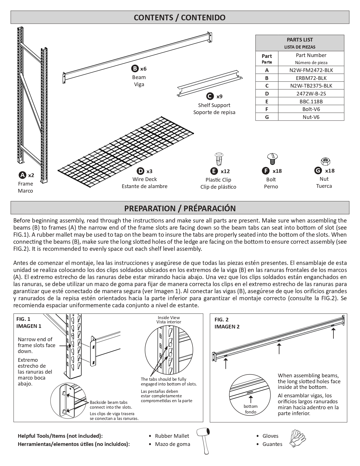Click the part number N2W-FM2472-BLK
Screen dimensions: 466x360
311,70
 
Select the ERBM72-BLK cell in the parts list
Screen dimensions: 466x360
311,78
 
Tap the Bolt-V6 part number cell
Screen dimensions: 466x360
311,109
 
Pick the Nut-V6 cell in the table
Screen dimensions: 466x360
311,117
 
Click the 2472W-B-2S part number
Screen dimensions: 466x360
311,93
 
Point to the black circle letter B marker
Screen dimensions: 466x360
135,69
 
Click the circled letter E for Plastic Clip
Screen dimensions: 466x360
214,171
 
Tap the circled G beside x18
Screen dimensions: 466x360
318,171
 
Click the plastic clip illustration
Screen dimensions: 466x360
219,160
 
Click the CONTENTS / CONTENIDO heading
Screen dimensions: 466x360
180,18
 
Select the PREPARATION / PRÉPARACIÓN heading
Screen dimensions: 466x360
180,208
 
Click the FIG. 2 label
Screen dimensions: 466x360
222,319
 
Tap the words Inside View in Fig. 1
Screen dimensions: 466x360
169,318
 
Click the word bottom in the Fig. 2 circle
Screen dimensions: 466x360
251,406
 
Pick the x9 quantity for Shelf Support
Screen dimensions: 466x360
219,97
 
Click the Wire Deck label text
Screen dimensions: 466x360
145,179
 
